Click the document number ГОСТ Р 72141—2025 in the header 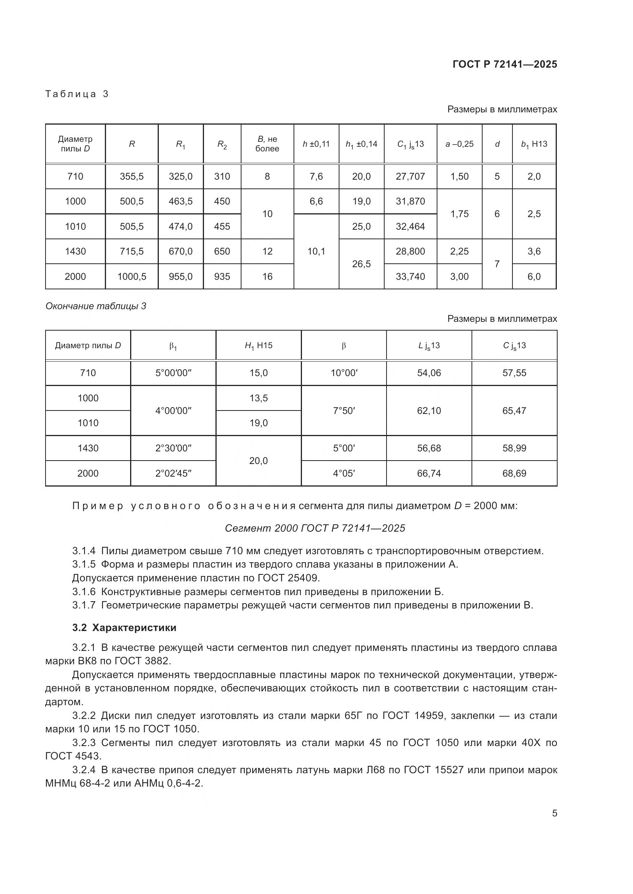tap(504, 64)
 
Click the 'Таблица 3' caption tap(77, 94)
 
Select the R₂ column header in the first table tap(222, 144)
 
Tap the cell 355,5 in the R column tap(131, 176)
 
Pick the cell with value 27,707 tap(410, 176)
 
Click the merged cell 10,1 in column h tap(316, 251)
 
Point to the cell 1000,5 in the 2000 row tap(131, 276)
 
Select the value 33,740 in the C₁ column tap(410, 276)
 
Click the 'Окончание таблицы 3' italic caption tap(96, 306)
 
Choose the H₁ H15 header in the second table tap(258, 346)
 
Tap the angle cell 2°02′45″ tap(173, 473)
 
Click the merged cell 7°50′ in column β tap(343, 410)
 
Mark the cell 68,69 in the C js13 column tap(514, 473)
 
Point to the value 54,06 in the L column tap(429, 373)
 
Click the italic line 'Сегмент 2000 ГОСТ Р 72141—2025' tap(315, 528)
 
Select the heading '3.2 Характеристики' tap(124, 627)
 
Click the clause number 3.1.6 tap(84, 591)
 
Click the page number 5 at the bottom tap(554, 813)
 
